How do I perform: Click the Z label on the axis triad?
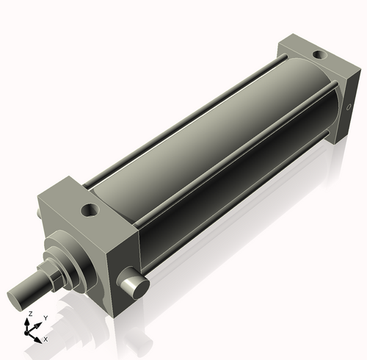point(29,314)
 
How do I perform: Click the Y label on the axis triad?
point(46,318)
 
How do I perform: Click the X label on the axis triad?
point(46,339)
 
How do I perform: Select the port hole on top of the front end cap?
point(90,211)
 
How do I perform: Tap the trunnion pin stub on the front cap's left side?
point(38,213)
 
